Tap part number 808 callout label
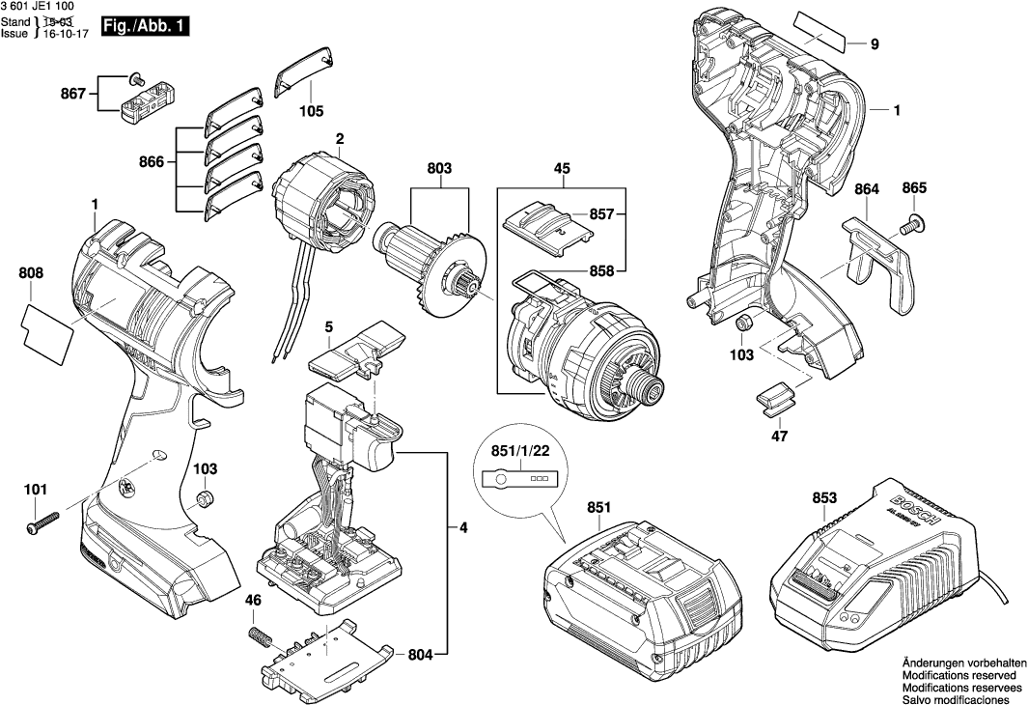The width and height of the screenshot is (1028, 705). [x=31, y=274]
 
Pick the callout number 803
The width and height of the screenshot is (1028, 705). [x=439, y=169]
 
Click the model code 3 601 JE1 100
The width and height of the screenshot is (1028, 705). [x=43, y=7]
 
